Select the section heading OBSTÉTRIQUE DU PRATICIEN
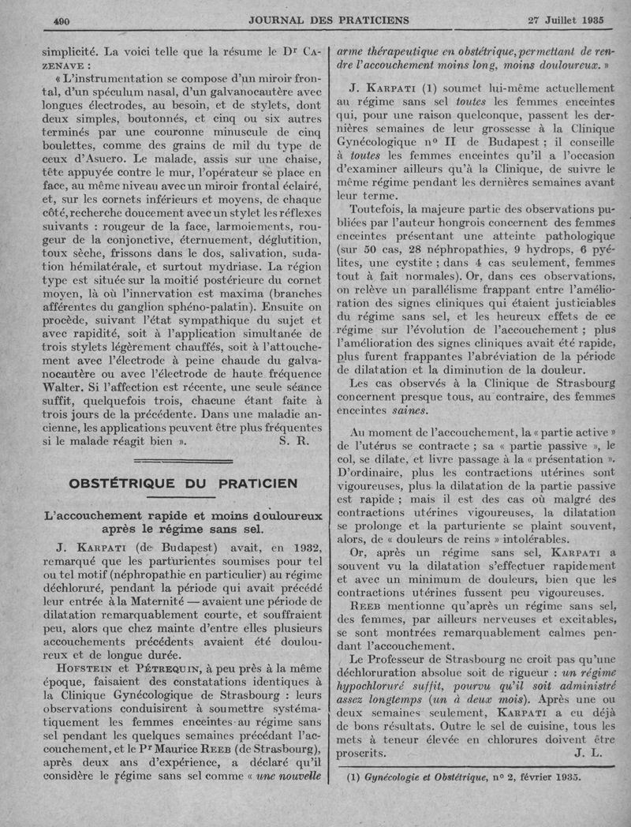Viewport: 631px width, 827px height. click(x=182, y=483)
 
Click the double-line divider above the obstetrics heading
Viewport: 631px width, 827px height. click(x=183, y=459)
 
